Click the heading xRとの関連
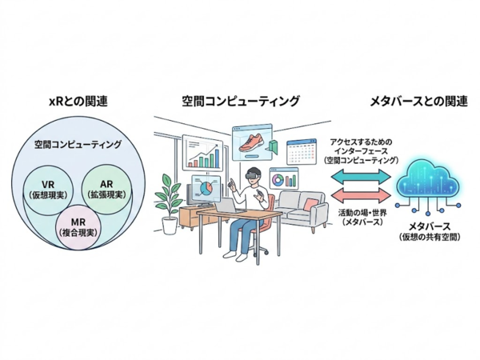[x=78, y=101]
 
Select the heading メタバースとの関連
[x=418, y=101]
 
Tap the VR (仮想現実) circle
[x=49, y=189]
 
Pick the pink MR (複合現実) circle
[x=78, y=227]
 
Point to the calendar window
[x=301, y=153]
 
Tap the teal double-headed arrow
[x=361, y=176]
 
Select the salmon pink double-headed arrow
[x=361, y=195]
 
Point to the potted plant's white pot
[x=170, y=226]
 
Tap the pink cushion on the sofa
[x=310, y=204]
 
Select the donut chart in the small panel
[x=278, y=180]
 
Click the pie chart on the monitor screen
[x=206, y=188]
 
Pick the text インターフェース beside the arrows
[x=361, y=151]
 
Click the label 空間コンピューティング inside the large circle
[x=78, y=144]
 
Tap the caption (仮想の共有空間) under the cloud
[x=430, y=237]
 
